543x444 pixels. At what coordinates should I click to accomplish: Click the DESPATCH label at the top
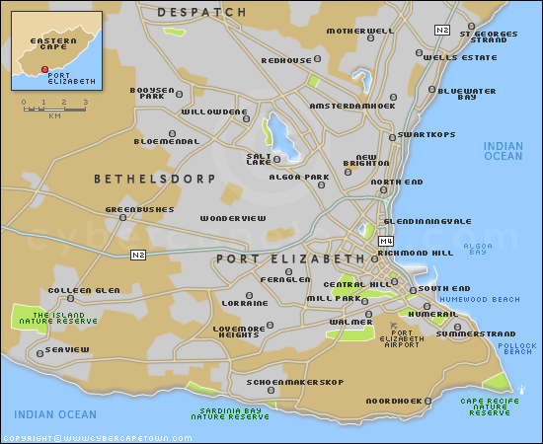[201, 12]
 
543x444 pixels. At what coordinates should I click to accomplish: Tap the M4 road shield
[386, 241]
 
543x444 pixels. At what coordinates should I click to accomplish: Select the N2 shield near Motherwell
[443, 32]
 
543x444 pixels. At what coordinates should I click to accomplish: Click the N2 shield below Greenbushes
[137, 256]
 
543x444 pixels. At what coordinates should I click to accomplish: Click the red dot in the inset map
[43, 70]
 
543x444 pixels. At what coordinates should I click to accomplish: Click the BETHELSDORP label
[138, 180]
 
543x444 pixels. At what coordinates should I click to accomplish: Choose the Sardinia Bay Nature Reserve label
[230, 413]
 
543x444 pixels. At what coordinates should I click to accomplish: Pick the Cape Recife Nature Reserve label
[491, 405]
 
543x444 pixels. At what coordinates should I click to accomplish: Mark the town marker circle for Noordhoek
[429, 401]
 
